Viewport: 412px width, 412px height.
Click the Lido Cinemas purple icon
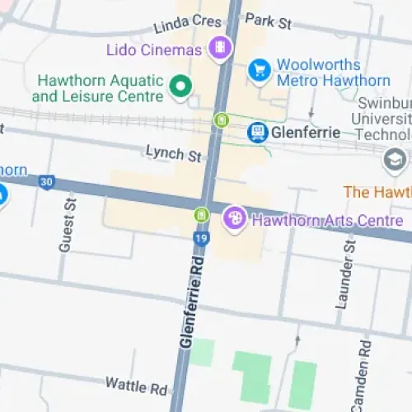(219, 49)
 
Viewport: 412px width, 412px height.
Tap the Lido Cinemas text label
(154, 50)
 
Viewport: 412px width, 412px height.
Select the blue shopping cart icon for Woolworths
(260, 70)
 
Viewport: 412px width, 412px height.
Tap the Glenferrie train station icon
(258, 131)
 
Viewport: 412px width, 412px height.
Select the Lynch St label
(174, 153)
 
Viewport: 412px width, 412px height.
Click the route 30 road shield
(47, 181)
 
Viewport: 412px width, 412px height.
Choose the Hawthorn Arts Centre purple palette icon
(235, 218)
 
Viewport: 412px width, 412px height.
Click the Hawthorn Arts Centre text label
(327, 220)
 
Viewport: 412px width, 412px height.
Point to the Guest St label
(67, 225)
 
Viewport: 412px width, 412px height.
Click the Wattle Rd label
(136, 385)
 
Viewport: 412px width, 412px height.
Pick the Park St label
(269, 21)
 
